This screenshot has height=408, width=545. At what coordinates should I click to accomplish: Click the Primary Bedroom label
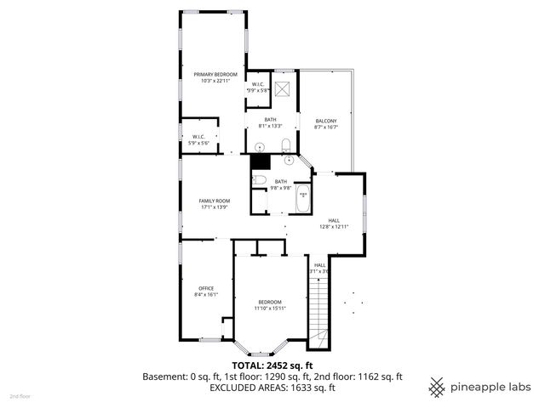[214, 74]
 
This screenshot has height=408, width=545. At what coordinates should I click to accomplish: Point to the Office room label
[206, 287]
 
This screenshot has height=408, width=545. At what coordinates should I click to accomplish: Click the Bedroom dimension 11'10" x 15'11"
[270, 309]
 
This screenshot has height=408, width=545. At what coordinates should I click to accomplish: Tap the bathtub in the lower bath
[302, 201]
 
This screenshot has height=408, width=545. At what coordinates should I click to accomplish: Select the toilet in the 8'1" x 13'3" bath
[286, 142]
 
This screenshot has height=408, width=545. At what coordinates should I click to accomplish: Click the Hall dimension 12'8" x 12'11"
[335, 226]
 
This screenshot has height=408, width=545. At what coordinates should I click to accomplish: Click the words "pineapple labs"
[491, 387]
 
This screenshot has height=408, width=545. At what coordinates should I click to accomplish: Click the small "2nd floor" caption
[19, 397]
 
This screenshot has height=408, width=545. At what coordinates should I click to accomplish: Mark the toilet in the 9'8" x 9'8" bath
[260, 179]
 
